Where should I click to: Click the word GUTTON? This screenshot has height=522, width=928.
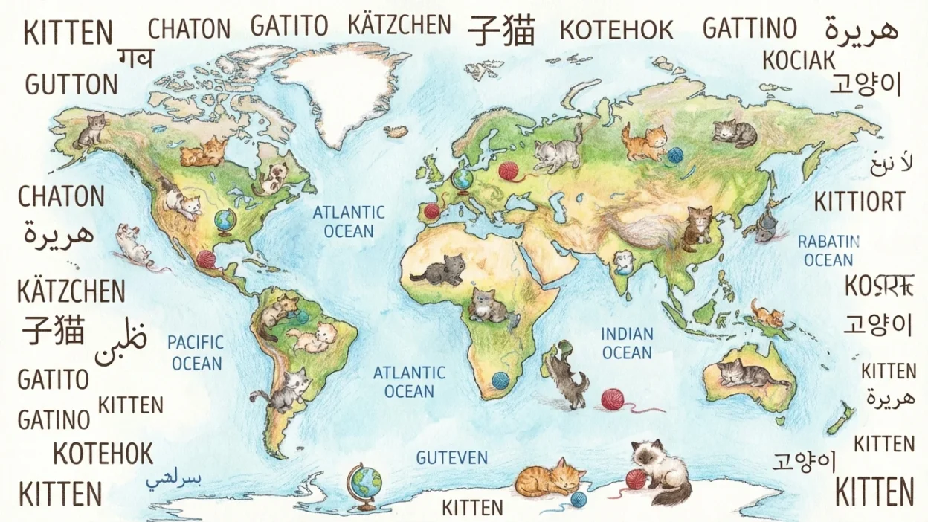coord(71,84)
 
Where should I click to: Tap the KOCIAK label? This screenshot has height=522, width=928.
coord(799,60)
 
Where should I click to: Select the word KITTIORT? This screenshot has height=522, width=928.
coord(860,202)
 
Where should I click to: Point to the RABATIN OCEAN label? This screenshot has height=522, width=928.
coord(828,251)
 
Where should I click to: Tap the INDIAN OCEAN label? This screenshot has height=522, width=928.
coord(627,343)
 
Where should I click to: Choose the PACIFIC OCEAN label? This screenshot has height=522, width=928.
coord(196,352)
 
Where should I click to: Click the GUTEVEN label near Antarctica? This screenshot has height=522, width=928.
coord(452,457)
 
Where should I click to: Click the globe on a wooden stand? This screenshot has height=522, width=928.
coord(364,486)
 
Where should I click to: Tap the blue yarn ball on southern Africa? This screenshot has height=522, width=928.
coord(500,381)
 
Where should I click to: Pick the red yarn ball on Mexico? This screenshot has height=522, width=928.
coord(205,260)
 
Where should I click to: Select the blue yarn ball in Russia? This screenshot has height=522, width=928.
coord(674,155)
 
